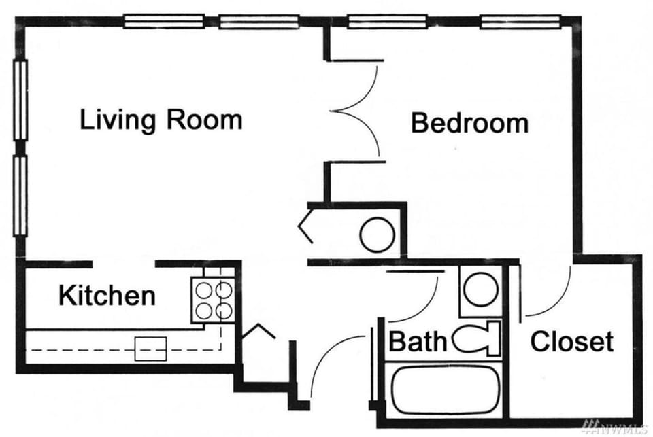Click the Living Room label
161,120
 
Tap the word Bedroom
470,123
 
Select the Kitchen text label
107,296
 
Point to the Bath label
417,341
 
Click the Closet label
572,341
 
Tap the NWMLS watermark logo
616,426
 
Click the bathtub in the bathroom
446,390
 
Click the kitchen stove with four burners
214,300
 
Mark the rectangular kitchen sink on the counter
151,349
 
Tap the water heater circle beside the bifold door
377,234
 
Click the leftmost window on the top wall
164,21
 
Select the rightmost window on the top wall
520,21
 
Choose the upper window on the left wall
20,101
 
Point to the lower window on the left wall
20,196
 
